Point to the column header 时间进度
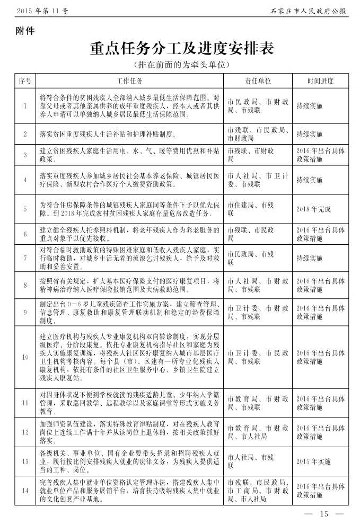coord(320,81)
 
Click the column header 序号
coord(25,81)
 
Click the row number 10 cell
coord(25,357)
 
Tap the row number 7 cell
coord(25,258)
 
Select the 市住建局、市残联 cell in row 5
coord(251,209)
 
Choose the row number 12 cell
coord(25,432)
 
